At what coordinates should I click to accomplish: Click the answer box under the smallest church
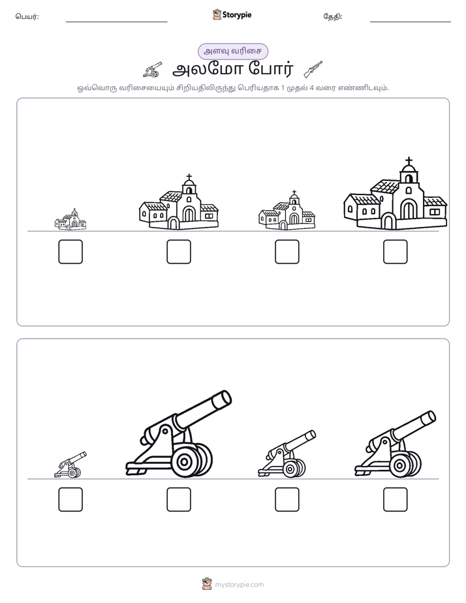(x=70, y=252)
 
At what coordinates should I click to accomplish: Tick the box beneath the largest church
(x=396, y=252)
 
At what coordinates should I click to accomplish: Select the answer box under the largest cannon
(x=179, y=499)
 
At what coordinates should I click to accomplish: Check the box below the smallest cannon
(x=70, y=499)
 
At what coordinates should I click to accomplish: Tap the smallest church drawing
(x=70, y=219)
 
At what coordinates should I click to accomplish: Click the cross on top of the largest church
(x=409, y=161)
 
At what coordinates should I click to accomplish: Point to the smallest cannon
(x=70, y=465)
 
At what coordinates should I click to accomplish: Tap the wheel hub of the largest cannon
(x=185, y=461)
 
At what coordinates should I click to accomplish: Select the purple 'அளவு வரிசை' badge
(x=232, y=52)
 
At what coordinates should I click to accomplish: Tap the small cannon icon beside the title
(x=153, y=70)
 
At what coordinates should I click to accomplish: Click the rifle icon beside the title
(x=313, y=69)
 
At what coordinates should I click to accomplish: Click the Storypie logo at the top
(x=232, y=15)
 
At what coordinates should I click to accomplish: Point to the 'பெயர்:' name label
(x=27, y=16)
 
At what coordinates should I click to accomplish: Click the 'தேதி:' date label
(x=333, y=16)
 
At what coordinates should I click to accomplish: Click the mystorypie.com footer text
(x=239, y=585)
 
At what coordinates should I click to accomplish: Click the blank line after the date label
(x=411, y=22)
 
